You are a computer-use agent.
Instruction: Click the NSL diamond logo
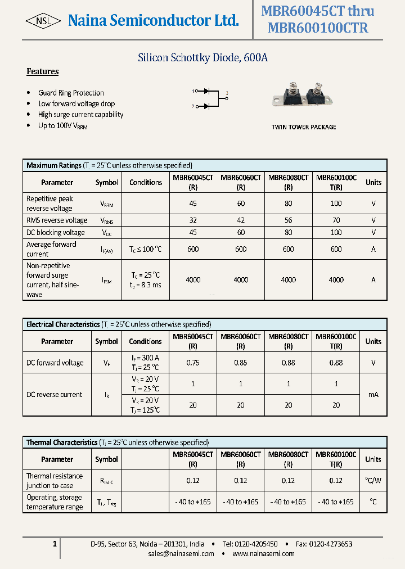point(43,21)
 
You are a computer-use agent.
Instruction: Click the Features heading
point(43,71)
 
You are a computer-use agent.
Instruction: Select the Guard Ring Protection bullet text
point(71,93)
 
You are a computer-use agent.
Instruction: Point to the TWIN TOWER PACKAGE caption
point(304,127)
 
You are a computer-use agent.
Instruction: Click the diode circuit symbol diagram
point(210,98)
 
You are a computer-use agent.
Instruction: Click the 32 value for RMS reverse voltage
point(193,220)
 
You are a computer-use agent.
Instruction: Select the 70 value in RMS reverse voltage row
point(336,220)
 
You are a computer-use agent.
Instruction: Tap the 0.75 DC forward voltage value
point(193,363)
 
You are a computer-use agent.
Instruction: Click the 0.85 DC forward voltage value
point(241,363)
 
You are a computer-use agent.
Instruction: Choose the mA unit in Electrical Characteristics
point(373,395)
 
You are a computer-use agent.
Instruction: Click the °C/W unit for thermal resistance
point(373,480)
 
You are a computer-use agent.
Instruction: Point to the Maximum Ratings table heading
point(54,165)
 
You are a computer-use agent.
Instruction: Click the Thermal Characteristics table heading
point(62,442)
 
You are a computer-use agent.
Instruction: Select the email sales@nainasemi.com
point(181,554)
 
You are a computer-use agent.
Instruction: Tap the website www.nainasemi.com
point(263,554)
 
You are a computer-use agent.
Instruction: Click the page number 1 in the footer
point(54,544)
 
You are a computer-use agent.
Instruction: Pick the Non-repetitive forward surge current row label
point(53,280)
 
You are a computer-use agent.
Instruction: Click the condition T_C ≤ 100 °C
point(146,249)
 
